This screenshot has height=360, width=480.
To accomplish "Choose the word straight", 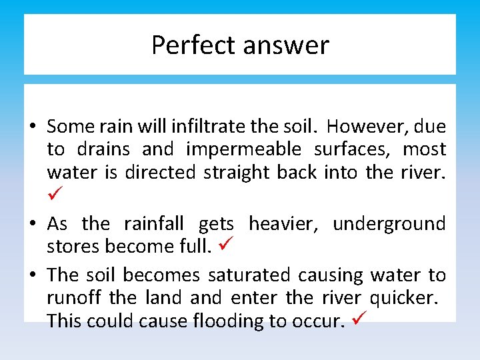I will click(237, 172).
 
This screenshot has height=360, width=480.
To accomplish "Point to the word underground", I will click(389, 223).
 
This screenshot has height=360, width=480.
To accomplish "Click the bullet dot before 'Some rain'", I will click(32, 127).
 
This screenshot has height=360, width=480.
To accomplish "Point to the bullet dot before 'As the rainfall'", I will click(32, 224).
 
